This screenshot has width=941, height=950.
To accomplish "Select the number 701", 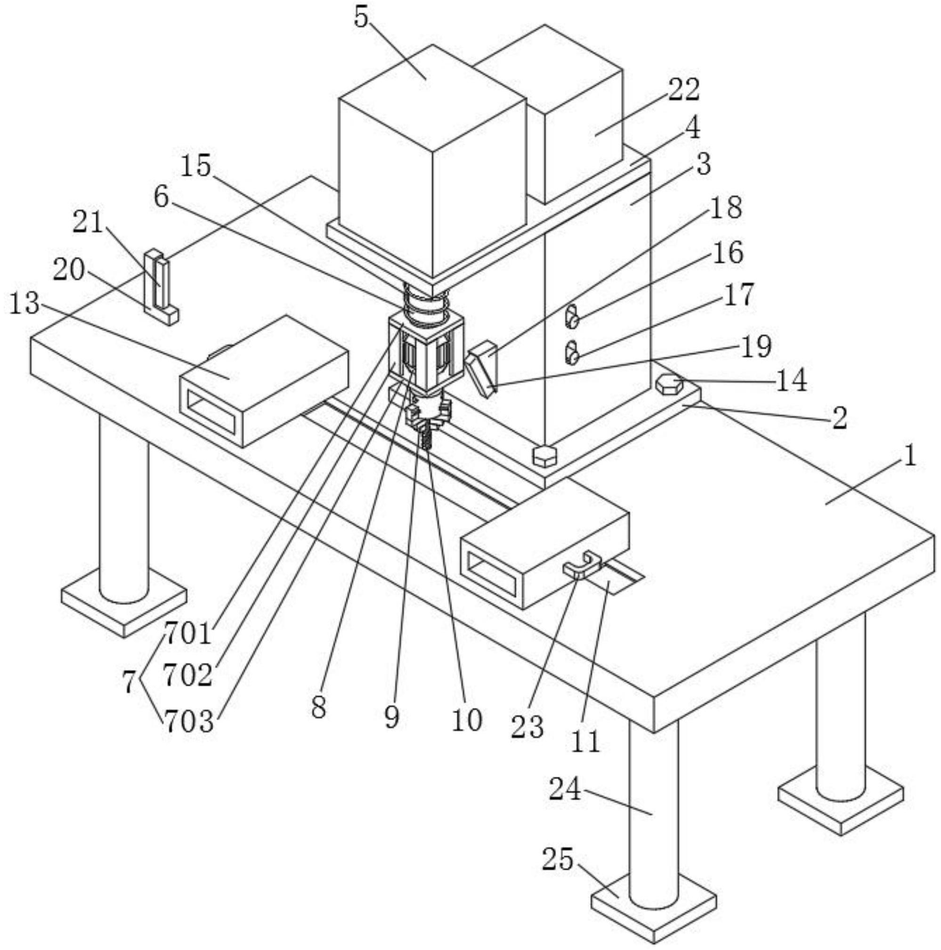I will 187,633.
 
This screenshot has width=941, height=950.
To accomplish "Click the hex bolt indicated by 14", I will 669,383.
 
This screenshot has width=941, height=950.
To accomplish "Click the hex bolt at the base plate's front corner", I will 544,455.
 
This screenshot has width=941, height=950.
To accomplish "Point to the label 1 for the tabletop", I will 910,456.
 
